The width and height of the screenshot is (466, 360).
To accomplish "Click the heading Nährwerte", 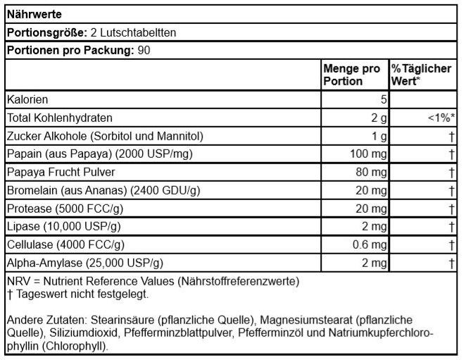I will coord(33,14).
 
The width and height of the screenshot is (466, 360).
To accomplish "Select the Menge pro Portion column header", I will coord(351,75).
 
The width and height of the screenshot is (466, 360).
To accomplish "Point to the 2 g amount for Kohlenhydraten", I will coord(379,118).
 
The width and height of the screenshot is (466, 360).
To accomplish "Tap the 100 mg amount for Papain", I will coord(368,154).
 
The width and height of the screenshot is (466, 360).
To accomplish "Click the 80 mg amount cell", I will coord(371,173).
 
